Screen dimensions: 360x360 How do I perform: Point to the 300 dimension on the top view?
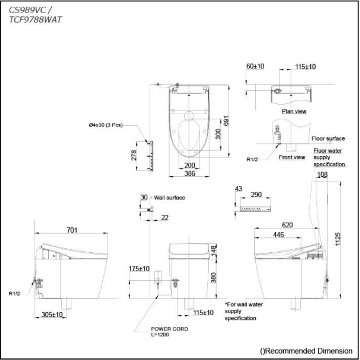(218, 134)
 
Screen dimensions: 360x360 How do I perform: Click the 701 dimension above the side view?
(72, 230)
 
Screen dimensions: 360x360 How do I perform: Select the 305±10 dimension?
(52, 314)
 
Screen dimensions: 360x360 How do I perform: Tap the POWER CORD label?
(169, 329)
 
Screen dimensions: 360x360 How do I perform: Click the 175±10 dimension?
(139, 269)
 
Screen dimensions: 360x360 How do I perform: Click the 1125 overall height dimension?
(338, 239)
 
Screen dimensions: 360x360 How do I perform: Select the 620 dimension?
(287, 225)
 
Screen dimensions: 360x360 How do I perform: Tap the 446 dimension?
(278, 235)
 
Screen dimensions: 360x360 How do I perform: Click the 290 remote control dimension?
(256, 195)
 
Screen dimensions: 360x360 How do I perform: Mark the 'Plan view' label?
(294, 111)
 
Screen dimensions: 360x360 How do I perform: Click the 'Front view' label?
(292, 157)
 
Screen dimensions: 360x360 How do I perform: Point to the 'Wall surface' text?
(169, 198)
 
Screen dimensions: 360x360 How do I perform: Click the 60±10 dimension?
(255, 66)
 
